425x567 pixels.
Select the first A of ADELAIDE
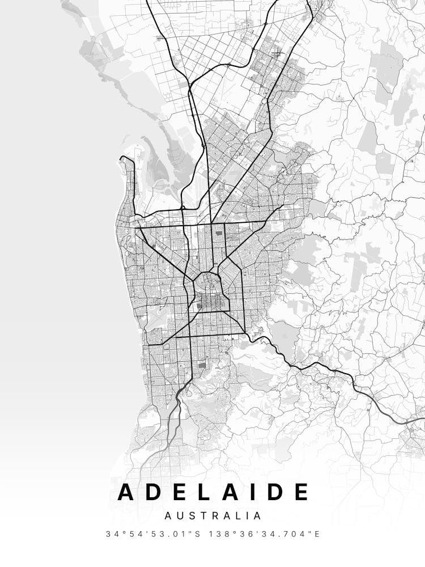pos(129,492)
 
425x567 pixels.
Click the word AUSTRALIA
pos(213,516)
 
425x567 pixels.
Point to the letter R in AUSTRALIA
pos(211,516)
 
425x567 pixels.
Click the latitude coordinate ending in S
pos(150,534)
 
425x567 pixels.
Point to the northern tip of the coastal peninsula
pos(126,158)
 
